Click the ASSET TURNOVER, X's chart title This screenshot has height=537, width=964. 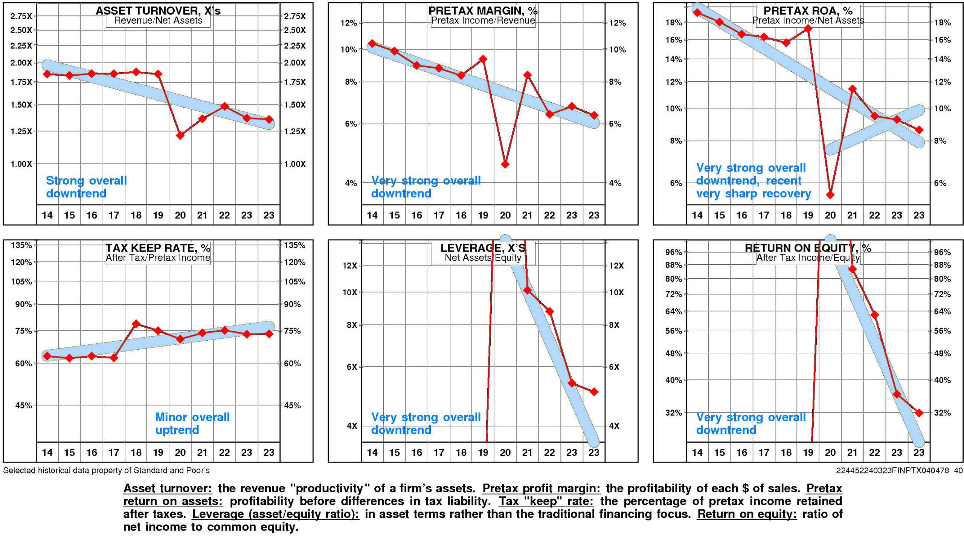158,11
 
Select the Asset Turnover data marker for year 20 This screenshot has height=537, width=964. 180,135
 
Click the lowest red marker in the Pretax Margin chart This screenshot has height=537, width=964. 505,164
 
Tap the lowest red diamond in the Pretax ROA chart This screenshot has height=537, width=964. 830,195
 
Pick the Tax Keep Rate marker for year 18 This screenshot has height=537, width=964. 136,324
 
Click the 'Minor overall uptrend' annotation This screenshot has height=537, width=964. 192,423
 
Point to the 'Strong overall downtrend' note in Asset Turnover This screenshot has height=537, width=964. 86,187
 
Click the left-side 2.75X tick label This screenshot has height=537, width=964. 21,16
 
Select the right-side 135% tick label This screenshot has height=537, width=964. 294,245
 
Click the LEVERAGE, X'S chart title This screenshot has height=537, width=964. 483,248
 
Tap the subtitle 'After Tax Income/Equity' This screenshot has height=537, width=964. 808,258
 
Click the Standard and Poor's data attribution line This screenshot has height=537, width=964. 106,470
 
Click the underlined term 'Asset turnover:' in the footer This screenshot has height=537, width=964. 168,488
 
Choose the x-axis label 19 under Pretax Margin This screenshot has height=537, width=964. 483,215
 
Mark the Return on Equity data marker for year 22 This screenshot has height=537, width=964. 874,315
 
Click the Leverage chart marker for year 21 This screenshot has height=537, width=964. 527,290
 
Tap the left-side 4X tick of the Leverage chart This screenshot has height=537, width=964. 352,426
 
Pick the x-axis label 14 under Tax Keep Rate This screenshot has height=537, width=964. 47,452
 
